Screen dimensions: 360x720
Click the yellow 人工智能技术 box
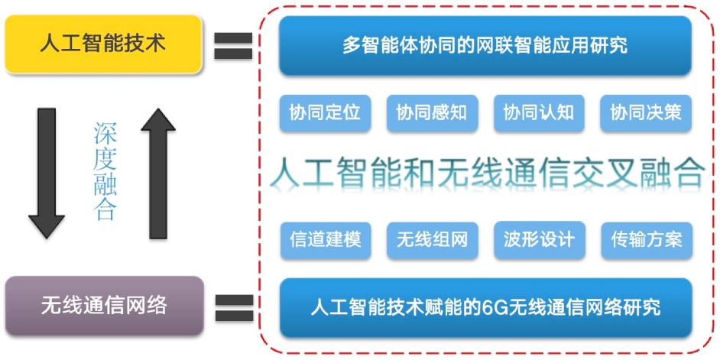pos(103,44)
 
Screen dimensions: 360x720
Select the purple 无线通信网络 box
pos(104,306)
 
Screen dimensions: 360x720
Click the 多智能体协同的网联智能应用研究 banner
pos(485,45)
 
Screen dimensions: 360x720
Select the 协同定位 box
pos(324,113)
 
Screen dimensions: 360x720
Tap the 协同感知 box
pos(431,113)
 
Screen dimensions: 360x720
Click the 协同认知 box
pos(538,113)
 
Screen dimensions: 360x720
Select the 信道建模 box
pos(324,240)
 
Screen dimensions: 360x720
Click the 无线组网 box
pos(431,240)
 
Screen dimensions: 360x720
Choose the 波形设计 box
pos(538,240)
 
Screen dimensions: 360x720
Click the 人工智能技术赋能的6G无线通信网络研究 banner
pos(485,308)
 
